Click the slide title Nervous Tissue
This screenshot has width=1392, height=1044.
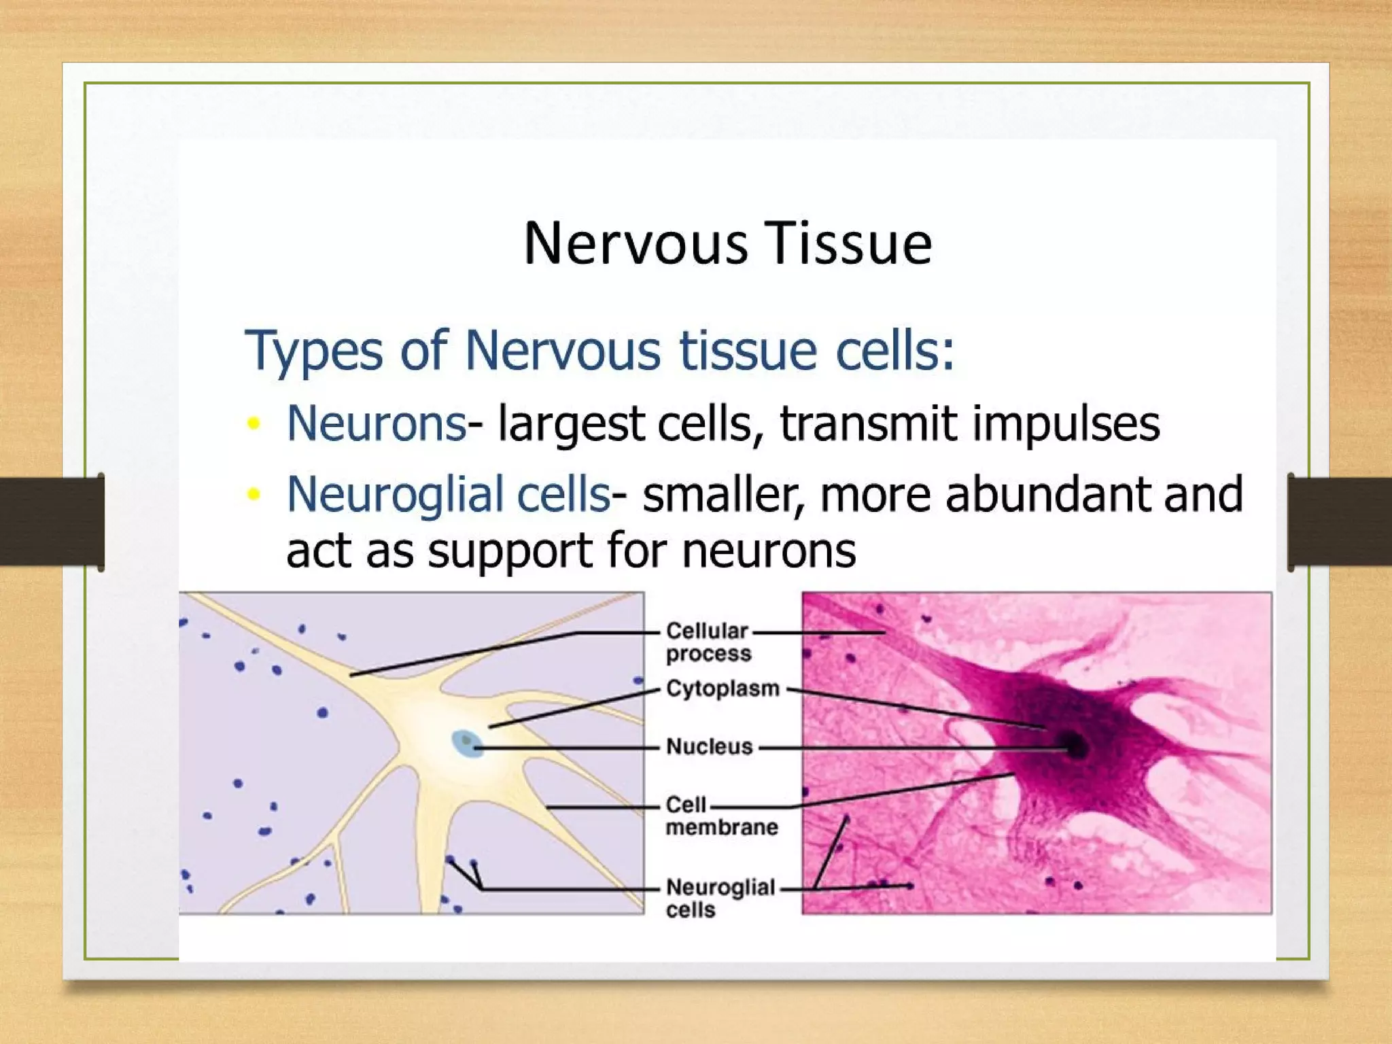click(727, 244)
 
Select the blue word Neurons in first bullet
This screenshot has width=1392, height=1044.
click(376, 423)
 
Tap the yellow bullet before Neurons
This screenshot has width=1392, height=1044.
click(254, 423)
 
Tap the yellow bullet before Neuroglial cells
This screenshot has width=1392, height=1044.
click(254, 494)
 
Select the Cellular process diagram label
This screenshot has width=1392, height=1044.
click(708, 642)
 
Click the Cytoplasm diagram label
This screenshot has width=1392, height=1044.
click(722, 689)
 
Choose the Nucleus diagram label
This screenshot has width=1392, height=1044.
click(709, 746)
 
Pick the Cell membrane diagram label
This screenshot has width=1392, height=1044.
click(720, 816)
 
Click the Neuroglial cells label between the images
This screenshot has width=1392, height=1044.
click(719, 897)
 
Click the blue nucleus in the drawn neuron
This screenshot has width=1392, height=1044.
click(467, 743)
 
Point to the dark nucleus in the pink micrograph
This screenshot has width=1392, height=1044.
click(1075, 746)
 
